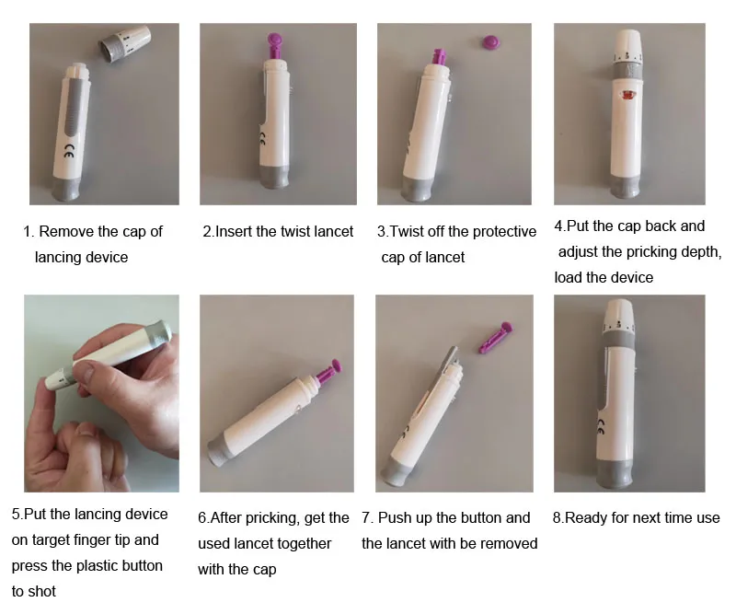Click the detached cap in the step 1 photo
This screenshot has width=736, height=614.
pos(124,43)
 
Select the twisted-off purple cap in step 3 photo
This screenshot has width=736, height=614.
pos(490,42)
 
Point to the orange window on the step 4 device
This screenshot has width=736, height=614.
pos(627,96)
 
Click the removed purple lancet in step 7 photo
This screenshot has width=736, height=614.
pos(495,337)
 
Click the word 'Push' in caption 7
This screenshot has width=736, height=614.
pos(395,517)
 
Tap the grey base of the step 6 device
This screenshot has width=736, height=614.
pos(220,451)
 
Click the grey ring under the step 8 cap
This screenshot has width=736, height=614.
pos(619,339)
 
